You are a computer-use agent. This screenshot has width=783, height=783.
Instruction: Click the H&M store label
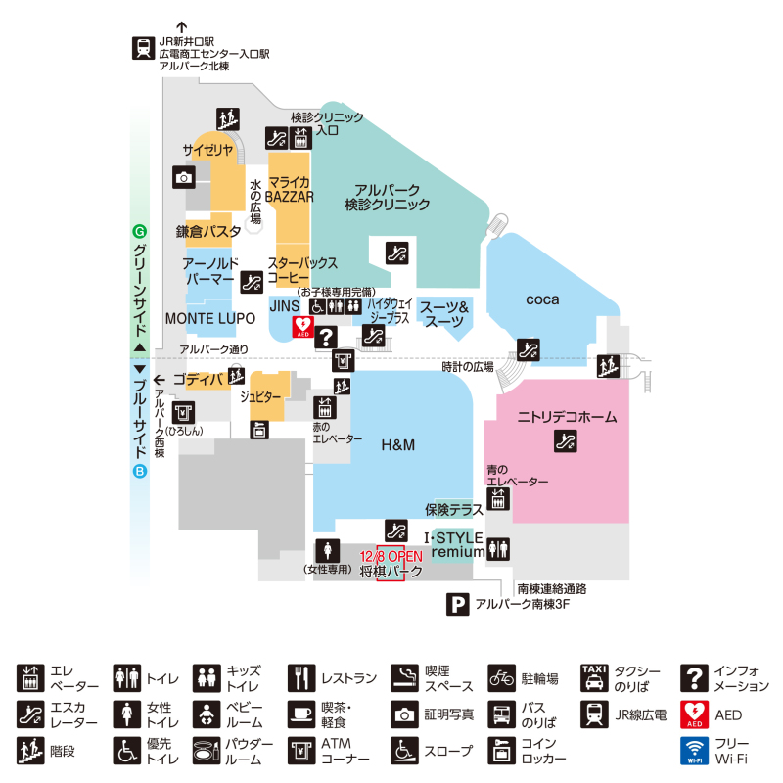398,445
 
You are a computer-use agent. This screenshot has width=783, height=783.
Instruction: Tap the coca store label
541,299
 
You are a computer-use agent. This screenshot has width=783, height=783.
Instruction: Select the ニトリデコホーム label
567,417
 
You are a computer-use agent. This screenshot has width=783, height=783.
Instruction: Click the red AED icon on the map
304,324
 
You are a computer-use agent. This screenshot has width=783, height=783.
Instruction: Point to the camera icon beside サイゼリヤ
184,177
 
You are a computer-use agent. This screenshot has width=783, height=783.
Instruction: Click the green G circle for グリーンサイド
139,233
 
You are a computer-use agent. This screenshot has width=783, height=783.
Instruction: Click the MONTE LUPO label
209,319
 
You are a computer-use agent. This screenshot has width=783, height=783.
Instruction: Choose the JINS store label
284,305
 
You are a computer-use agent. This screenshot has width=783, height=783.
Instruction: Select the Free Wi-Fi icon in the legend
694,751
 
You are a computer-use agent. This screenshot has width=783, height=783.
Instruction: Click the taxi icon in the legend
595,675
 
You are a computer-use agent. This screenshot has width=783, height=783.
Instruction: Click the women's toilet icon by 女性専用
328,550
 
